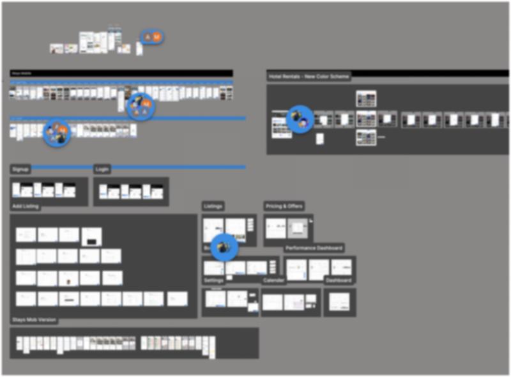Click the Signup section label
(20, 169)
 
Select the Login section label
(102, 169)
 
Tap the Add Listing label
(26, 207)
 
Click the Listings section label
(213, 206)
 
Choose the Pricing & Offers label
(284, 206)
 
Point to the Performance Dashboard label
(314, 248)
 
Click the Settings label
(214, 281)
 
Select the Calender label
(274, 281)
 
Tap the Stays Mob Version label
(33, 319)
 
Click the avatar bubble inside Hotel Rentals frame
(299, 119)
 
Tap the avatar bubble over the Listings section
(224, 248)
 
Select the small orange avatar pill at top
(152, 38)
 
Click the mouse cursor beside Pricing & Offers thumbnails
(310, 221)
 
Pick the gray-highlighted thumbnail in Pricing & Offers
(297, 228)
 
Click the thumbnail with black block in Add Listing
(91, 237)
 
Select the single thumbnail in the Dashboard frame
(339, 302)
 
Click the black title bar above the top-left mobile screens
(121, 73)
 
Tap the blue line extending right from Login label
(179, 167)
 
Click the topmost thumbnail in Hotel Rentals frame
(366, 98)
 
